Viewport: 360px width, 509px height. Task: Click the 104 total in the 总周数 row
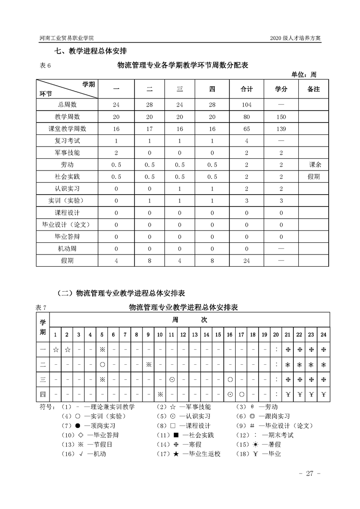247,105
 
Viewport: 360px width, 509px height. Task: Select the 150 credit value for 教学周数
281,117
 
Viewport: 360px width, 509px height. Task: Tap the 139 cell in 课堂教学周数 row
281,129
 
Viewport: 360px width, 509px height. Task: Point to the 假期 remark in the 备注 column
314,176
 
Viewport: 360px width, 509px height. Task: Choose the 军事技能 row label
67,153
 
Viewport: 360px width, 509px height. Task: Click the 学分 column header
281,89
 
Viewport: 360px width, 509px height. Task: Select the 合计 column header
247,89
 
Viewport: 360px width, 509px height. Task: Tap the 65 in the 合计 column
247,129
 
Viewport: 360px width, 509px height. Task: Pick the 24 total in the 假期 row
247,260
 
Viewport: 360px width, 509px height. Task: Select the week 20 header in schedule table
276,335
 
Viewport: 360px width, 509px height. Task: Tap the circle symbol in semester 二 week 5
102,364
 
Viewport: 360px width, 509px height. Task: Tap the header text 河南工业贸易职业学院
70,38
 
